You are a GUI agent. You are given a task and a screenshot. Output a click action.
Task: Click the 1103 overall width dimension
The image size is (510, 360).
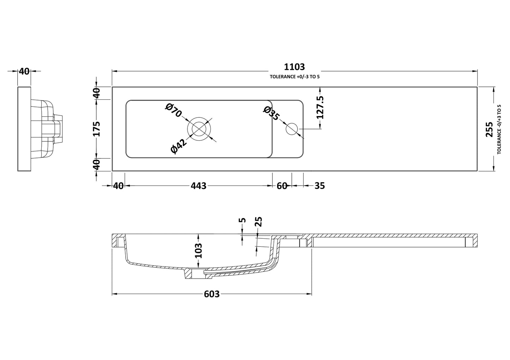coord(294,67)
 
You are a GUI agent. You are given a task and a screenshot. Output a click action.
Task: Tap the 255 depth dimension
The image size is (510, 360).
coord(489,129)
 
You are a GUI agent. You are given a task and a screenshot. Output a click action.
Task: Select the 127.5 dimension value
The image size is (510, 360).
coord(320,107)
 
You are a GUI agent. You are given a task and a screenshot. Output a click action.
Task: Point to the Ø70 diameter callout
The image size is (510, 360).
coord(174,110)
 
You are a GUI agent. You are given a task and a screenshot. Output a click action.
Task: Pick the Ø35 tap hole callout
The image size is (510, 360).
coord(271,113)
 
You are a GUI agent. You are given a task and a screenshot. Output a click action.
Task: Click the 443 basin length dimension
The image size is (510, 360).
coord(199,186)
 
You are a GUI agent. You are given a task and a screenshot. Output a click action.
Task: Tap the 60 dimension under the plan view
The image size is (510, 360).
coord(282,186)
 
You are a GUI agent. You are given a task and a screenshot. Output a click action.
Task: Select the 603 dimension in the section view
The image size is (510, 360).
coord(212,294)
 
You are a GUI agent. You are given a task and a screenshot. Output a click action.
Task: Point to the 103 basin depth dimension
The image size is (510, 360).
coord(199,250)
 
